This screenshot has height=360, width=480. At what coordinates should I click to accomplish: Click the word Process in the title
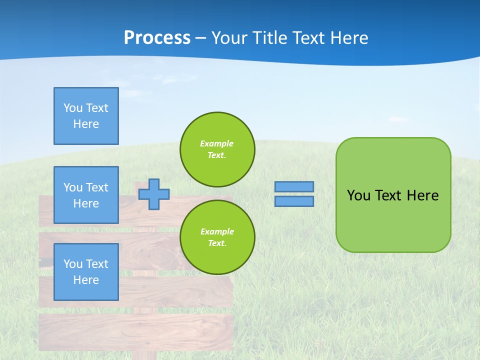pos(157,38)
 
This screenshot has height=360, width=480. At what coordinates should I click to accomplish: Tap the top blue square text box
pos(86,116)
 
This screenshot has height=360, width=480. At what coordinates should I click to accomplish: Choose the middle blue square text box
pos(86,195)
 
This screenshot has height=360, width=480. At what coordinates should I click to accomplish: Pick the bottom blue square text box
pos(86,272)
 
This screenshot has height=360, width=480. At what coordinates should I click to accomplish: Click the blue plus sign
pos(153,194)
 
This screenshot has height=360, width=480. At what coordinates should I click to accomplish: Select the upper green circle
pos(217,149)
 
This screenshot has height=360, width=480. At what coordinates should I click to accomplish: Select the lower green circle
pos(217,237)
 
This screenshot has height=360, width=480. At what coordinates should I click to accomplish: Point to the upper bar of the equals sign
pos(294,186)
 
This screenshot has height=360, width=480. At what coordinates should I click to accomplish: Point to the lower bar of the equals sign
pos(294,201)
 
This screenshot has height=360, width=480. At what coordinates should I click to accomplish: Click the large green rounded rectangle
pos(393,220)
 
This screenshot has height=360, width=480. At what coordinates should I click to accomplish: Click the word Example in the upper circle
pos(217,143)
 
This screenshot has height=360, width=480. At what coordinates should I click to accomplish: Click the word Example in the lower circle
pos(217,231)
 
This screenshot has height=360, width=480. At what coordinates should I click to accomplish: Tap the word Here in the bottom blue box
pos(86,280)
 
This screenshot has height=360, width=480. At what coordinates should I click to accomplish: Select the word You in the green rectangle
pos(358,195)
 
